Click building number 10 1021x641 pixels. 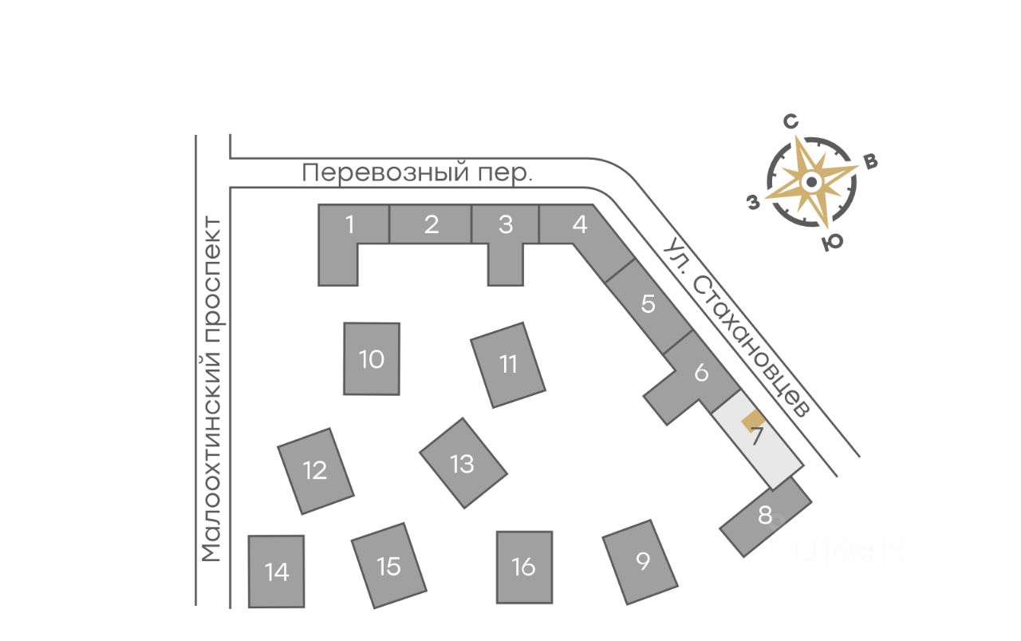pyautogui.click(x=372, y=358)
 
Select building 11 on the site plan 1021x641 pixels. pyautogui.click(x=508, y=365)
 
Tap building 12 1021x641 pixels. pyautogui.click(x=316, y=470)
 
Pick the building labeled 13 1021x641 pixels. pyautogui.click(x=463, y=463)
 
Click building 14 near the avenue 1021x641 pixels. pyautogui.click(x=277, y=572)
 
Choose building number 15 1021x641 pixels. pyautogui.click(x=388, y=566)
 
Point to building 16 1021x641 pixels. pyautogui.click(x=524, y=567)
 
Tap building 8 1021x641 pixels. pyautogui.click(x=766, y=516)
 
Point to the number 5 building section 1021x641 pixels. pyautogui.click(x=648, y=304)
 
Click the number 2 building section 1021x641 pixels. pyautogui.click(x=432, y=224)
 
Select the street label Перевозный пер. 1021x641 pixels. pyautogui.click(x=418, y=172)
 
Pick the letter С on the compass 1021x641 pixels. pyautogui.click(x=791, y=121)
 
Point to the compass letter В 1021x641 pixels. pyautogui.click(x=871, y=161)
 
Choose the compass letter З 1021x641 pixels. pyautogui.click(x=753, y=203)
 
